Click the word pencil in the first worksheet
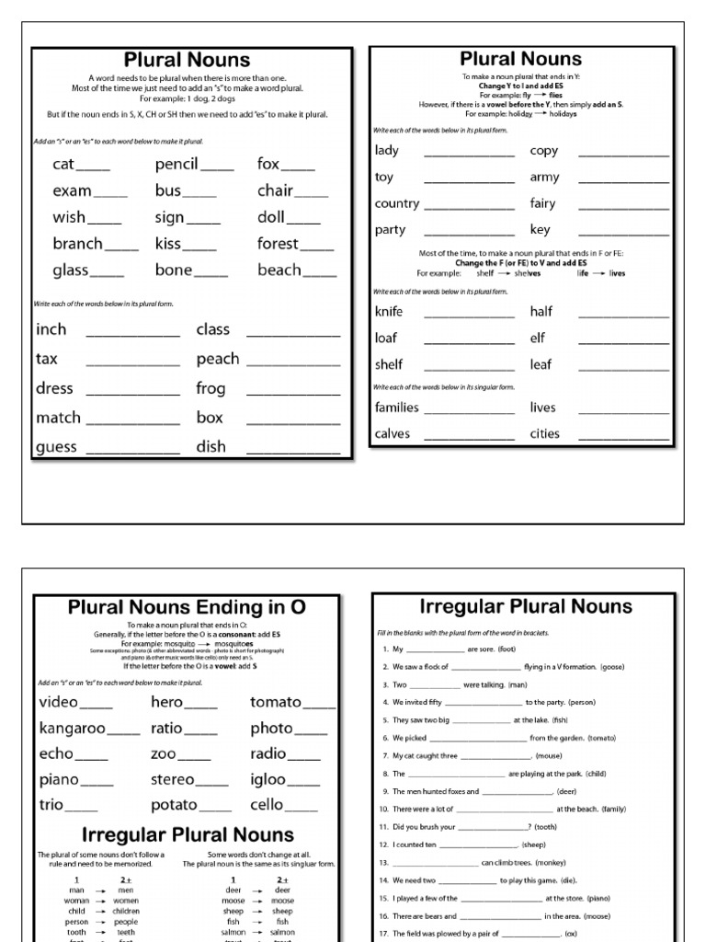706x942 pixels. pyautogui.click(x=176, y=165)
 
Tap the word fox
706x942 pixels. pyautogui.click(x=268, y=165)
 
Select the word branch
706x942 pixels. pyautogui.click(x=78, y=244)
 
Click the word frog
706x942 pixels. pyautogui.click(x=211, y=388)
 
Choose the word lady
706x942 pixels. pyautogui.click(x=387, y=151)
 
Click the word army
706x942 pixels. pyautogui.click(x=544, y=178)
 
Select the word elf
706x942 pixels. pyautogui.click(x=538, y=339)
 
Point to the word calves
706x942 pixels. pyautogui.click(x=393, y=434)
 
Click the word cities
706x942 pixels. pyautogui.click(x=544, y=434)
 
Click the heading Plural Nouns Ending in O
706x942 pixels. pyautogui.click(x=187, y=607)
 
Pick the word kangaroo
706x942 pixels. pyautogui.click(x=73, y=729)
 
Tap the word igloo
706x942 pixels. pyautogui.click(x=268, y=780)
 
